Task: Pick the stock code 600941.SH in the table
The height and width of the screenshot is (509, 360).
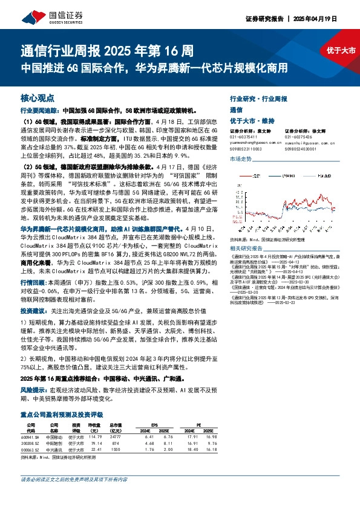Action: coord(30,436)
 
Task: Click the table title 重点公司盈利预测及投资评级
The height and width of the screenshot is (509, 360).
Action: coord(62,415)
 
